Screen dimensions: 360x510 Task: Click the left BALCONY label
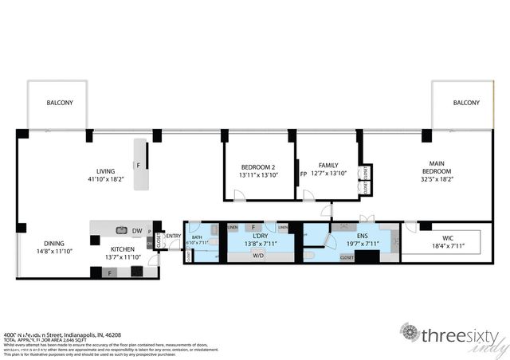point(61,103)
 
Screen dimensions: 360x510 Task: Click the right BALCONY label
point(467,103)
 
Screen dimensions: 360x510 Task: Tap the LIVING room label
point(105,171)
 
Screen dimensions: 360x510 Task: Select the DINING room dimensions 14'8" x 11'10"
point(55,252)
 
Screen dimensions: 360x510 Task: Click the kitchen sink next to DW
point(121,227)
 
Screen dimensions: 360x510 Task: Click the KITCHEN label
point(122,248)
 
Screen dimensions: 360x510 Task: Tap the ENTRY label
point(174,236)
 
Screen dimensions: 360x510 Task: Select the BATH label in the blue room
point(197,237)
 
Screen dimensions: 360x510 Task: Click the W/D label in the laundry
point(258,256)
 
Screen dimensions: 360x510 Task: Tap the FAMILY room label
point(328,165)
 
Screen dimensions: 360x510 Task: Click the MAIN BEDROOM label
point(437,167)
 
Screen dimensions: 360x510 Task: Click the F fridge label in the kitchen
point(109,273)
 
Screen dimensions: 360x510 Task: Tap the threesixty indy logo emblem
point(410,332)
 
